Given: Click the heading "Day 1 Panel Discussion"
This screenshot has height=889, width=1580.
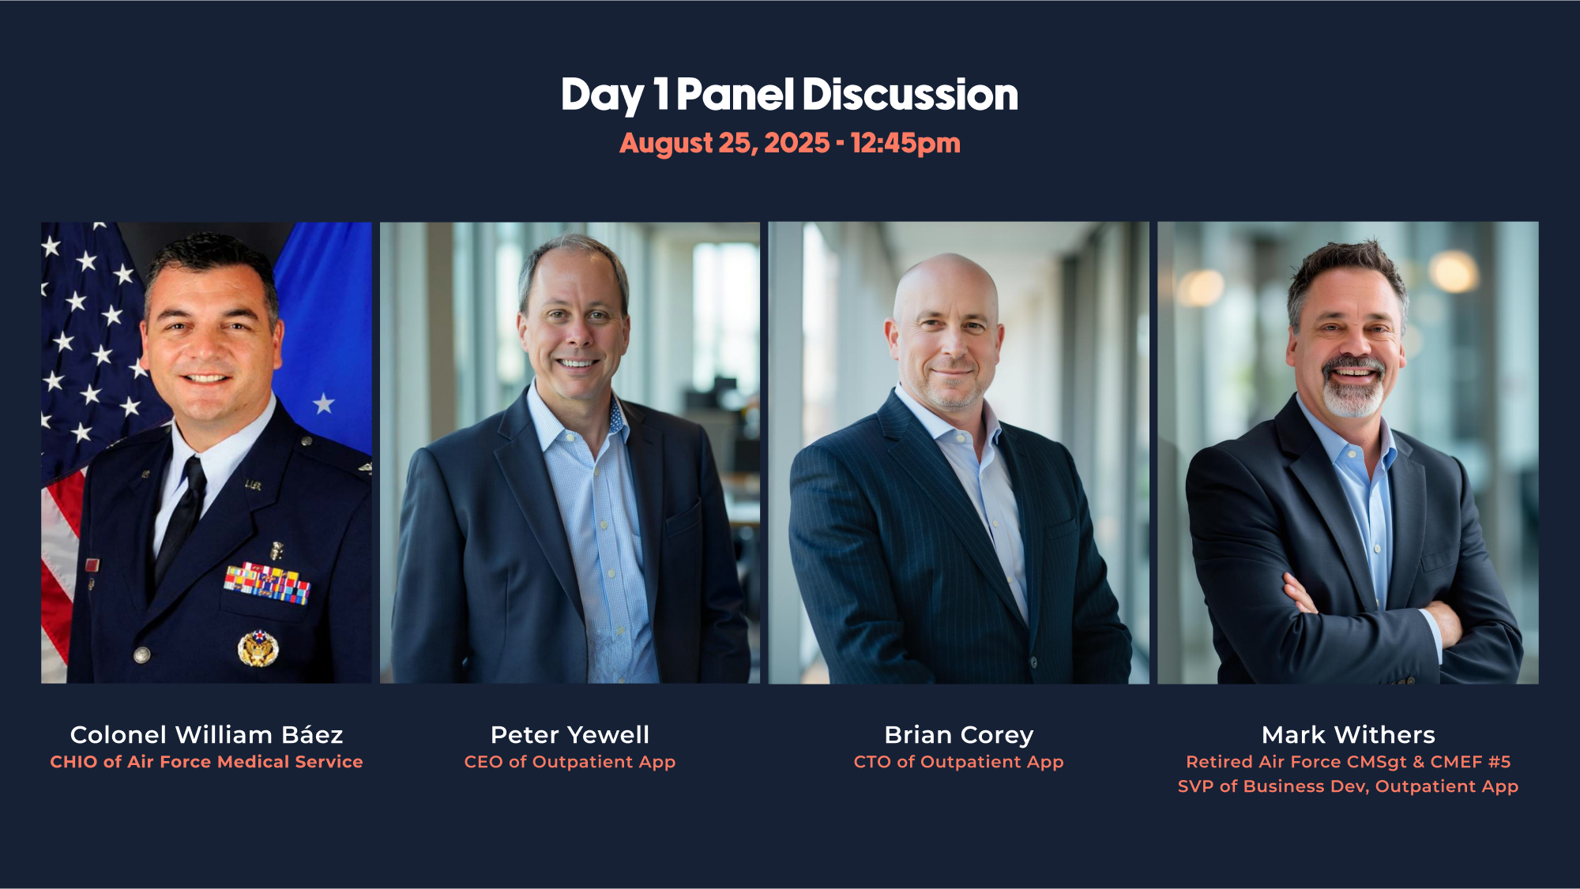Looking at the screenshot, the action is [x=789, y=95].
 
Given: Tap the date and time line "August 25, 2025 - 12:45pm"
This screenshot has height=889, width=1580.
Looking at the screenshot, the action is [x=789, y=143].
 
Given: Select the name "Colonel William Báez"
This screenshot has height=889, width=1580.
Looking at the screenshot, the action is [x=207, y=734].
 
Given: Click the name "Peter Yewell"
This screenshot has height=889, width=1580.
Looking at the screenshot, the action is [x=570, y=734].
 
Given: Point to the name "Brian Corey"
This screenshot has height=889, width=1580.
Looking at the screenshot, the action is [x=958, y=735].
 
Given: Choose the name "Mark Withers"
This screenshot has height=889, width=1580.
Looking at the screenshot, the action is [x=1348, y=734].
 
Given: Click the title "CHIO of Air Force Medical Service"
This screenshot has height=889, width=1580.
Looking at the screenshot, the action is [x=206, y=762].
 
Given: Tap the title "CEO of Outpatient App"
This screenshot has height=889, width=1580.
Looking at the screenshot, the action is [x=570, y=762].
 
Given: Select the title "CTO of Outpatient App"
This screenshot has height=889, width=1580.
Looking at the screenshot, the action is [x=958, y=762].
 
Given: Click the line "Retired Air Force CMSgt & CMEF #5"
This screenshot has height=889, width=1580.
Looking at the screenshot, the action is [x=1348, y=762].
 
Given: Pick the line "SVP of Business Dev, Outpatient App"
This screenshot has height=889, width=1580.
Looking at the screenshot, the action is [x=1348, y=786].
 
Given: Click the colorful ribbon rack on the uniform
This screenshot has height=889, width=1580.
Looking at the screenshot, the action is [x=267, y=583].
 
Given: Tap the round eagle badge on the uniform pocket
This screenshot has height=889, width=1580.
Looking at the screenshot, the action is [x=258, y=648].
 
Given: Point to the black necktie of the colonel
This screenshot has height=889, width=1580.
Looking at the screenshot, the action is [x=182, y=517].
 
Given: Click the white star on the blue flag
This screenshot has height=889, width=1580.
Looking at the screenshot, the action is [x=323, y=404].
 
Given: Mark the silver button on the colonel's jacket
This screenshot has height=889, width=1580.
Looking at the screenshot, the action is [x=142, y=655].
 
